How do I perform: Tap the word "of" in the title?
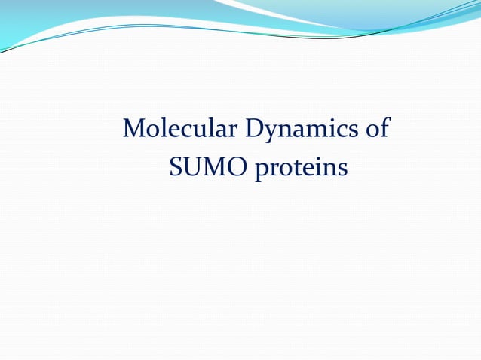tap(376, 129)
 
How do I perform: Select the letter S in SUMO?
tap(176, 168)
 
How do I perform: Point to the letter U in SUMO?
tap(191, 168)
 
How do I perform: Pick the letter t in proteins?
tap(296, 169)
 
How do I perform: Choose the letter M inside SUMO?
tap(213, 168)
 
